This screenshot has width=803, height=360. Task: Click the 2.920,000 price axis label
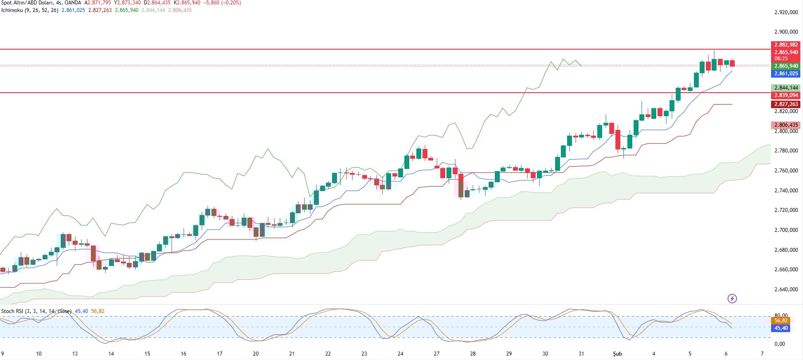point(786,12)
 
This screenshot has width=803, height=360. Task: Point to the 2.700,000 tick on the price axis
point(786,230)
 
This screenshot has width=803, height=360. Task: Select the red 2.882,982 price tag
point(786,45)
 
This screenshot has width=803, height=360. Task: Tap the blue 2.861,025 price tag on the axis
point(786,74)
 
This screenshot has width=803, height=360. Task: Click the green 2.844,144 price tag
point(786,88)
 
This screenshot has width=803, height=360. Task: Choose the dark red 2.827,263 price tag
point(786,104)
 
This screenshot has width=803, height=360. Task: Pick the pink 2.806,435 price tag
point(786,125)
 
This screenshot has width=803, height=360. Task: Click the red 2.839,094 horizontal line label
point(786,95)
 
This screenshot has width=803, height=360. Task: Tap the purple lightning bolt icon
point(732,299)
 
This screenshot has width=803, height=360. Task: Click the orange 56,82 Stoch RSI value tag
point(780,321)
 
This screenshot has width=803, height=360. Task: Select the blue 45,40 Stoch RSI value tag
point(780,328)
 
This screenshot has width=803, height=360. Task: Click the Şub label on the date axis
point(617,354)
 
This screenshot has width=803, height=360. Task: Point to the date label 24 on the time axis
point(400,354)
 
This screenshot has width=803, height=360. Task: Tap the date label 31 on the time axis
point(581,354)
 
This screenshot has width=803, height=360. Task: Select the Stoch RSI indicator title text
point(12,311)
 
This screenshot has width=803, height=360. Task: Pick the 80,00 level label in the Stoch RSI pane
point(781,316)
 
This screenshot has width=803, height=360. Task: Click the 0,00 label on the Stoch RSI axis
point(779,344)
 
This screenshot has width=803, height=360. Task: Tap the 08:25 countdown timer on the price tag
point(781,59)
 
